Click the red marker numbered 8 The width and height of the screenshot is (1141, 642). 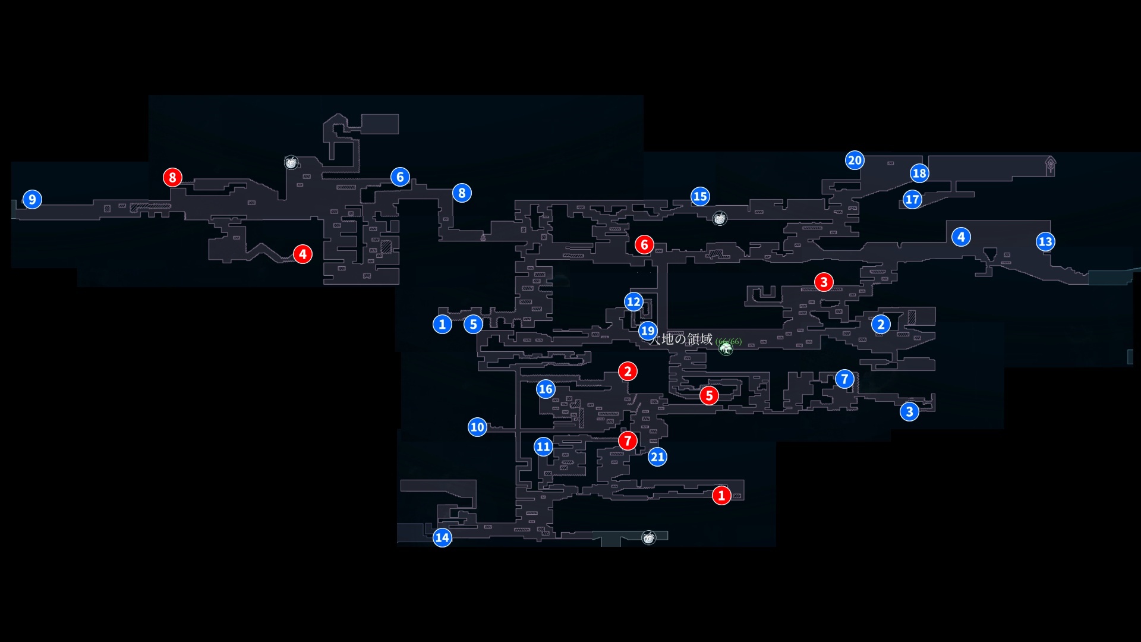tap(172, 177)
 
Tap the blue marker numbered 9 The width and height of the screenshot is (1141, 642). tap(32, 199)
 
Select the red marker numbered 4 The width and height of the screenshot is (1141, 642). tap(302, 254)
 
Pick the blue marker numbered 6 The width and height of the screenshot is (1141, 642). tap(400, 177)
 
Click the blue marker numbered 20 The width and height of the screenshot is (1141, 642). tap(855, 160)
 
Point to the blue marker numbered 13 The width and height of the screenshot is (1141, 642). tap(1045, 241)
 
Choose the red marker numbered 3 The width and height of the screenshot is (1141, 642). tap(824, 282)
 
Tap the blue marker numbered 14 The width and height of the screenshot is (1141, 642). tap(442, 538)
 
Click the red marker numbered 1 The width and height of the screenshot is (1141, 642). tap(721, 495)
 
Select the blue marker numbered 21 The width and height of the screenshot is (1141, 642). tap(657, 457)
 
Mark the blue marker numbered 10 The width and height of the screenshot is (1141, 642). tap(477, 427)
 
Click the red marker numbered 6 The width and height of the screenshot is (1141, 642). tap(644, 244)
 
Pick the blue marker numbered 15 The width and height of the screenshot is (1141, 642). tap(700, 196)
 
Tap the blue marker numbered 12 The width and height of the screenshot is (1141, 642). tap(633, 301)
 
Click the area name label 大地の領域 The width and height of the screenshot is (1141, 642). tap(681, 339)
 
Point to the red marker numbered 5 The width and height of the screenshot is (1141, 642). tap(709, 395)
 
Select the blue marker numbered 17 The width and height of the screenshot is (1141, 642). tap(912, 199)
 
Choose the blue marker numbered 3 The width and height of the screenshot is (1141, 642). tap(909, 411)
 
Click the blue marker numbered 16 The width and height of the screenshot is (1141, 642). tap(546, 389)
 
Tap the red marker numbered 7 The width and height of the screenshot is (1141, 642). tap(628, 440)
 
